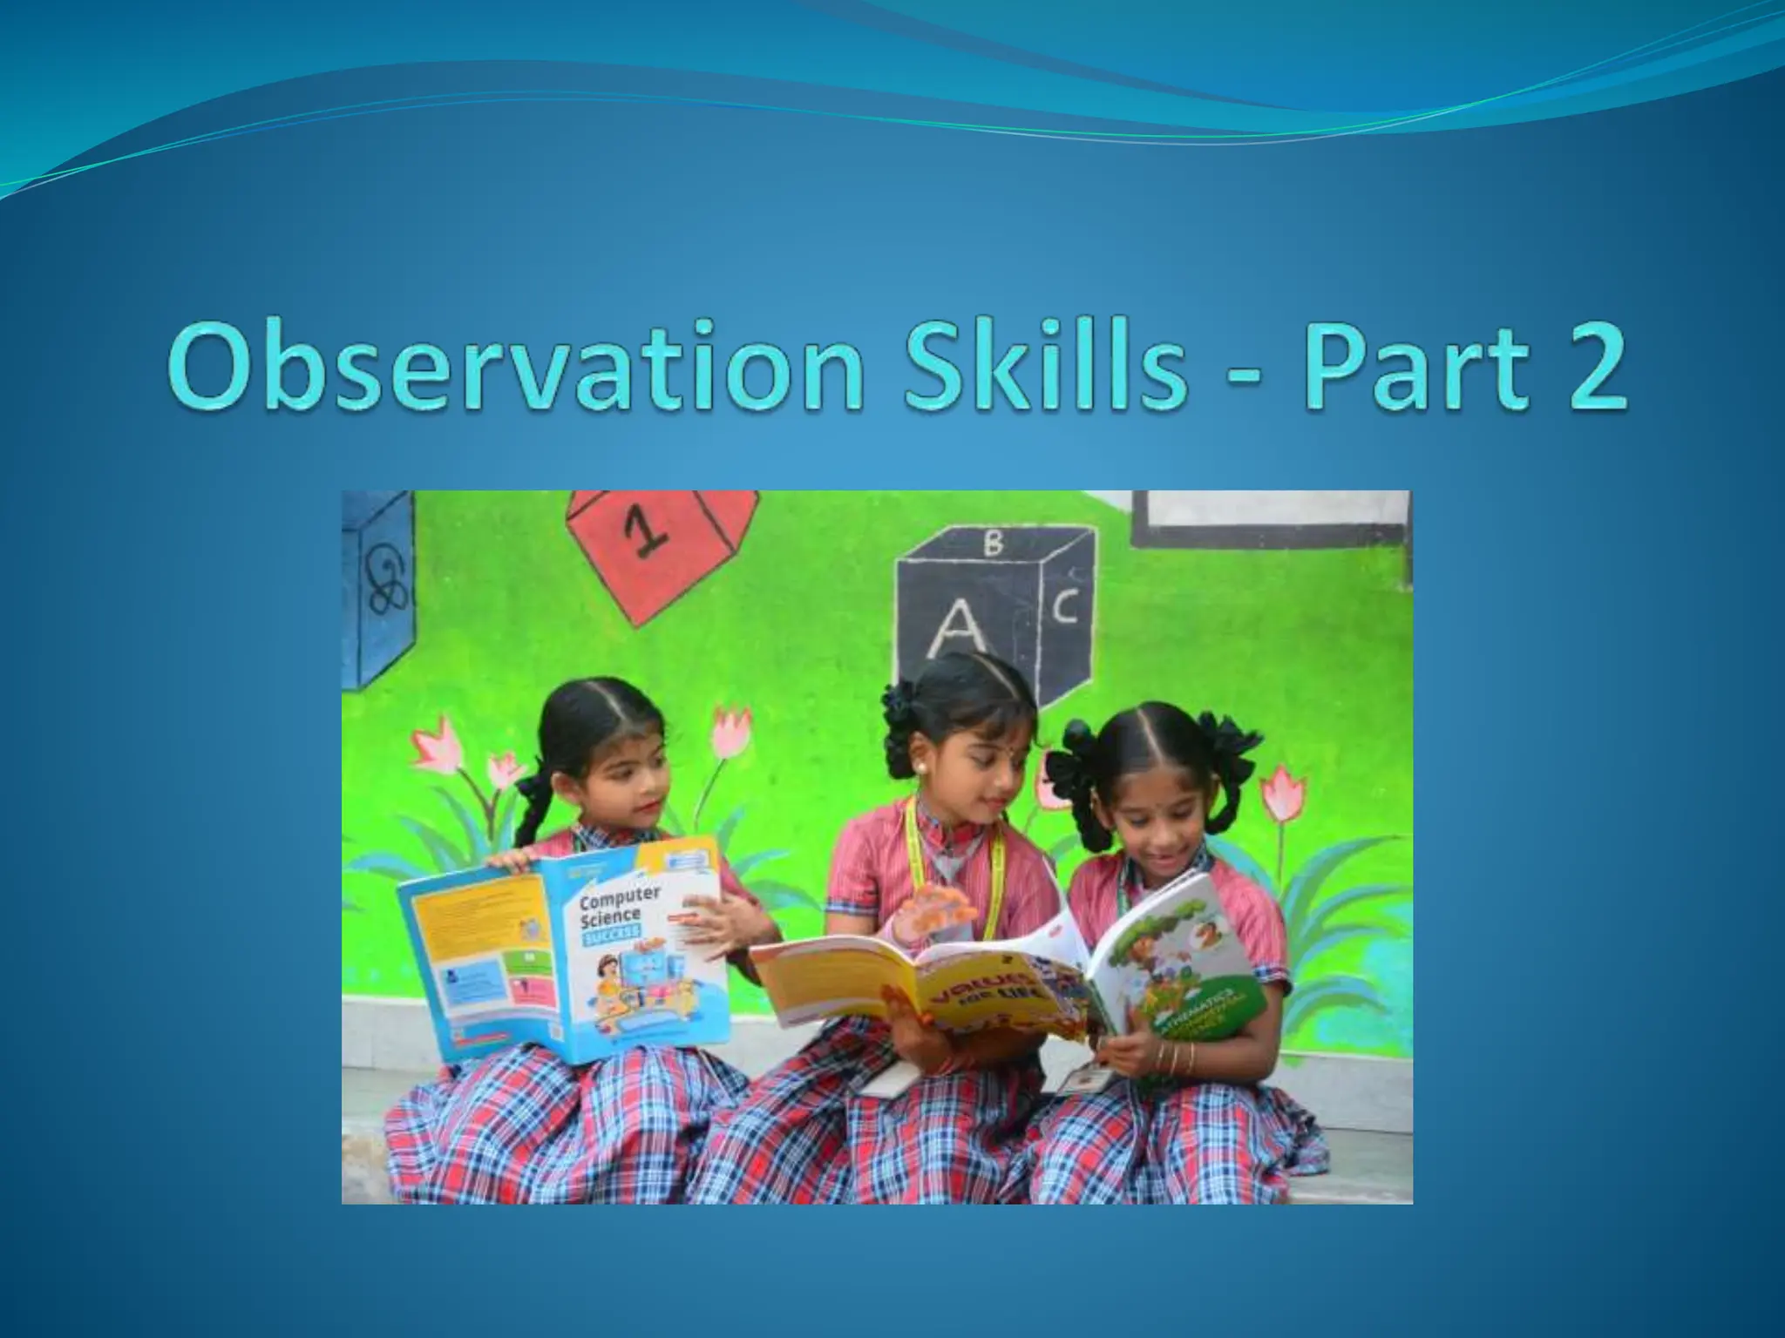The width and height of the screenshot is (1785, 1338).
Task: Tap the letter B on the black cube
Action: [993, 544]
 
